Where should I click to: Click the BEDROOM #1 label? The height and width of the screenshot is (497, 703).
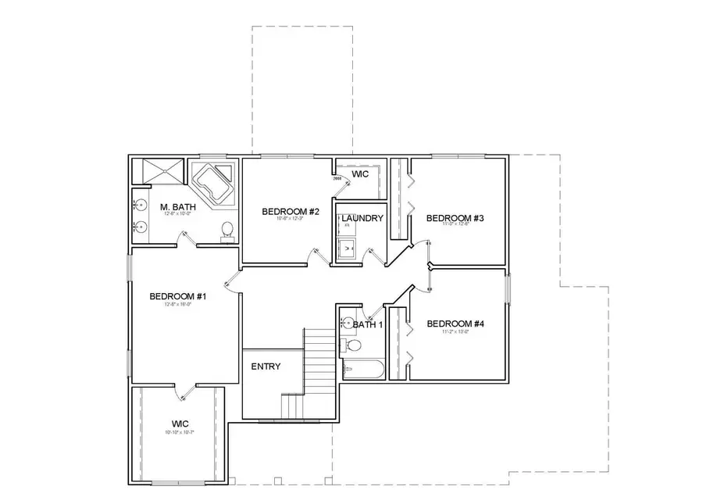pos(177,296)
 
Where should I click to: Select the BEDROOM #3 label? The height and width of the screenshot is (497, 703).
pos(455,218)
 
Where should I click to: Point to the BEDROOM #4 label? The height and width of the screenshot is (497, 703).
pos(455,323)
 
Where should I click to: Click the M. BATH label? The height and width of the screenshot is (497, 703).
pos(176,207)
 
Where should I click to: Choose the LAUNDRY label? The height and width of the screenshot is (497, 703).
pos(362,218)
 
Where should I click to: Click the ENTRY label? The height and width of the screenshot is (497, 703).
pos(266,366)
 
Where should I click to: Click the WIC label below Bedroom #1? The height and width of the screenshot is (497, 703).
pos(180,423)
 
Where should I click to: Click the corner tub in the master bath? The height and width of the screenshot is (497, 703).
pos(212,183)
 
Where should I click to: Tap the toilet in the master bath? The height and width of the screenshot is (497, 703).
pos(227,230)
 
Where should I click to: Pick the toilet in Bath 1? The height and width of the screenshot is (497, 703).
pos(353,345)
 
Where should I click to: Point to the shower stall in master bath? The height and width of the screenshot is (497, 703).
pos(159,170)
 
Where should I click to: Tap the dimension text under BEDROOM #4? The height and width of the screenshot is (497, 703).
pos(455,332)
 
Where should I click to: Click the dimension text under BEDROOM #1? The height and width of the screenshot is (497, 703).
pos(177,305)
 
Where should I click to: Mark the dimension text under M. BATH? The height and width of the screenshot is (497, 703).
pos(176,214)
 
